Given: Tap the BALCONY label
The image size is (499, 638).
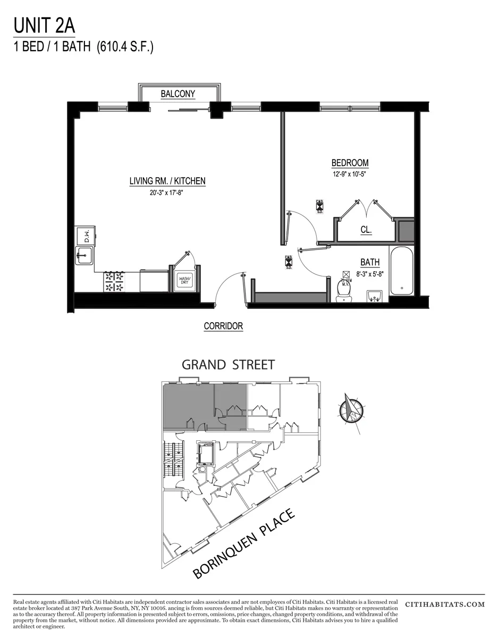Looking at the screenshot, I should [x=178, y=94].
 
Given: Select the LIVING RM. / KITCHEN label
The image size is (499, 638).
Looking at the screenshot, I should [x=167, y=181].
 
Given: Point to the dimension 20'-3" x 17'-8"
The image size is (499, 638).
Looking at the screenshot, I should [x=167, y=194].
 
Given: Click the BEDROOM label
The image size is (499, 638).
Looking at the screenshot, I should [x=350, y=163].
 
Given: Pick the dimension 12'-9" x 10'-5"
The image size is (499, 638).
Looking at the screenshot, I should [x=350, y=174].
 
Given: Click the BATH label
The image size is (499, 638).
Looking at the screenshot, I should [x=370, y=262].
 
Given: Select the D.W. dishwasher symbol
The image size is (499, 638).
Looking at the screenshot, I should [x=84, y=234].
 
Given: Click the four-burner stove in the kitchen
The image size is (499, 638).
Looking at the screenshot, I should [x=115, y=281].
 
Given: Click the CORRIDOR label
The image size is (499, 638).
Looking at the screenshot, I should [x=223, y=326].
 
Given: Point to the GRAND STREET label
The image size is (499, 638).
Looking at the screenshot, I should [x=228, y=365].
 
